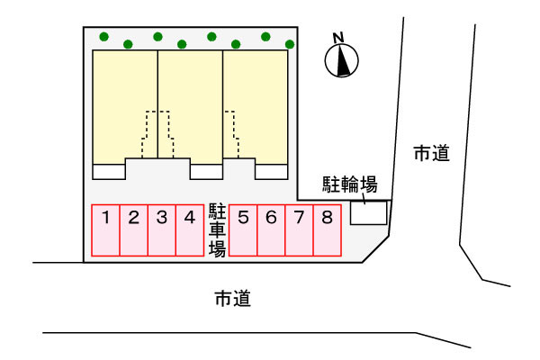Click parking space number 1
pos(106,231)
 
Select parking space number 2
pos(133,231)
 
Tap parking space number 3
pos(161,231)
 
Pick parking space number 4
pos(189,231)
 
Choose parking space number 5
pos(243,231)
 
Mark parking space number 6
pos(271,231)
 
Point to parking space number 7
pos(299,231)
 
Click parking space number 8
pos(327,231)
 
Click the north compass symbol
pos(341,60)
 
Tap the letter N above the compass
pos(339,38)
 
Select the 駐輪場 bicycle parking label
pos(349,185)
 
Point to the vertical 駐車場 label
pos(217,230)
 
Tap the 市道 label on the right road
pos(431,154)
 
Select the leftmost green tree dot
pos(104,38)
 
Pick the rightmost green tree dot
pos(290,43)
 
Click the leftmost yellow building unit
pos(124,103)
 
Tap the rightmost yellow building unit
pos(256,103)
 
